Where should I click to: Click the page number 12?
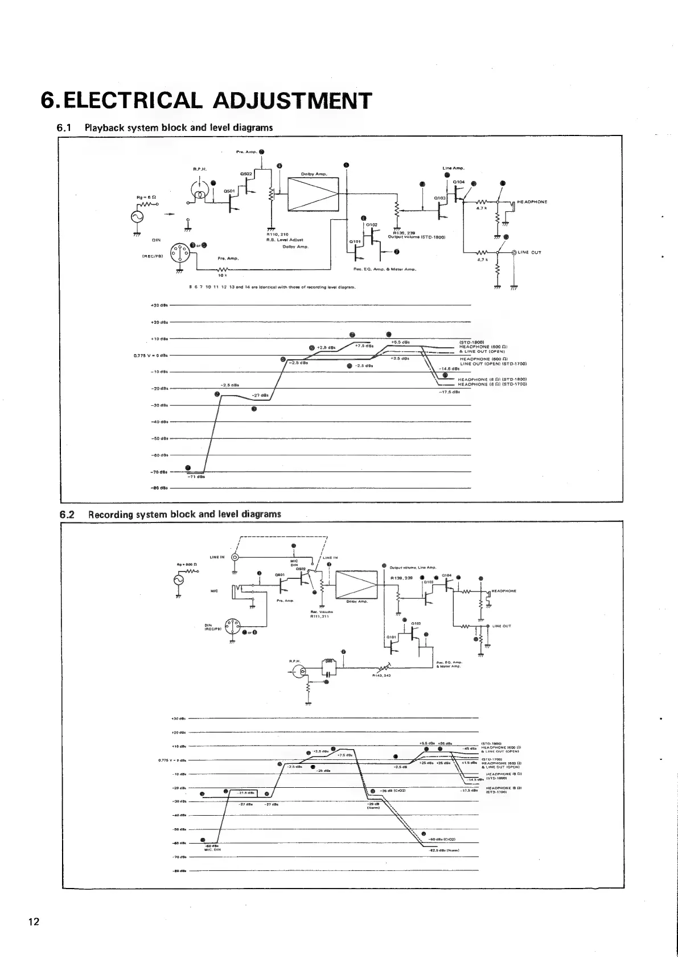(34, 922)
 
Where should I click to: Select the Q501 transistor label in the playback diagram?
(229, 191)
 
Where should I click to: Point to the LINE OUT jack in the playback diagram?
(515, 252)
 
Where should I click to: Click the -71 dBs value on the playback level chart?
(196, 477)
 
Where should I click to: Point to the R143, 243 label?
(380, 676)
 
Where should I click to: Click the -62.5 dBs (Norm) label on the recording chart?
(444, 850)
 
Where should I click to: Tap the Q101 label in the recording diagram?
(391, 636)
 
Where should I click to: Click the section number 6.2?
(67, 515)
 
